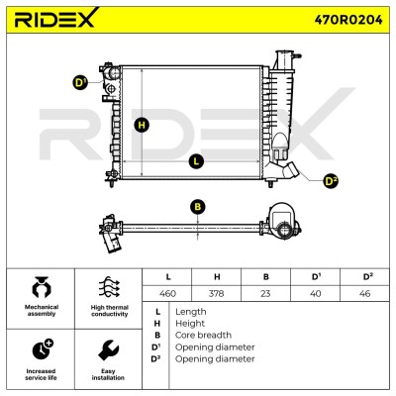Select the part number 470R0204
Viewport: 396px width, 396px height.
coord(348,20)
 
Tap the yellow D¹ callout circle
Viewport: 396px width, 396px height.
coord(79,83)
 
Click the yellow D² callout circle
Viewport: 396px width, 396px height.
coord(331,181)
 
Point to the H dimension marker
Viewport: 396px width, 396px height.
coord(142,125)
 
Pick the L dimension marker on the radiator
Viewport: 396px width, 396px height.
coord(196,161)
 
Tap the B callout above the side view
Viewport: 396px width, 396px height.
coord(198,207)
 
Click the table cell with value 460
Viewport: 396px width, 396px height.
coord(167,293)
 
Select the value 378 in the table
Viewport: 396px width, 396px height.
coord(217,293)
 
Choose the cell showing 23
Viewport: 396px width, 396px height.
coord(265,293)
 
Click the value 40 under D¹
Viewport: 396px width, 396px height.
coord(316,293)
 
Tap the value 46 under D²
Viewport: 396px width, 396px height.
coord(364,293)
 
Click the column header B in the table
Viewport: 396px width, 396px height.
coord(266,277)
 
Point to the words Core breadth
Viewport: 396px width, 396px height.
coord(203,335)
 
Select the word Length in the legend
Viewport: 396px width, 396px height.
coord(191,312)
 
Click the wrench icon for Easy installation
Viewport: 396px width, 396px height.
coord(108,351)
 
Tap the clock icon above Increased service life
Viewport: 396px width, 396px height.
coord(43,348)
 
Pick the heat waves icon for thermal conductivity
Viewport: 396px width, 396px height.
coord(109,287)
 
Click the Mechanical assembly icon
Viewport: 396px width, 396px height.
coord(42,286)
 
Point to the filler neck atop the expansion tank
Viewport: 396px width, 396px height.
coord(284,59)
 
